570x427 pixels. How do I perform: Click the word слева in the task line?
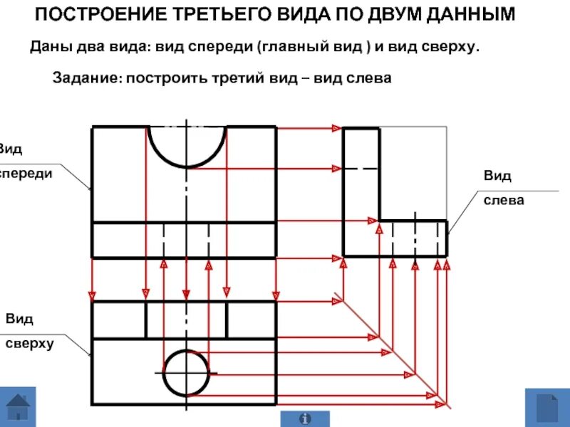[x=368, y=78]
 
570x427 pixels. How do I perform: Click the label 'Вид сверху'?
[x=28, y=331]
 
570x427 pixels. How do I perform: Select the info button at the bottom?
[x=306, y=418]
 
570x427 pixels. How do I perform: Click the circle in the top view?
[x=188, y=373]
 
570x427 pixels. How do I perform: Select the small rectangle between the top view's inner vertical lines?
[x=186, y=320]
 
